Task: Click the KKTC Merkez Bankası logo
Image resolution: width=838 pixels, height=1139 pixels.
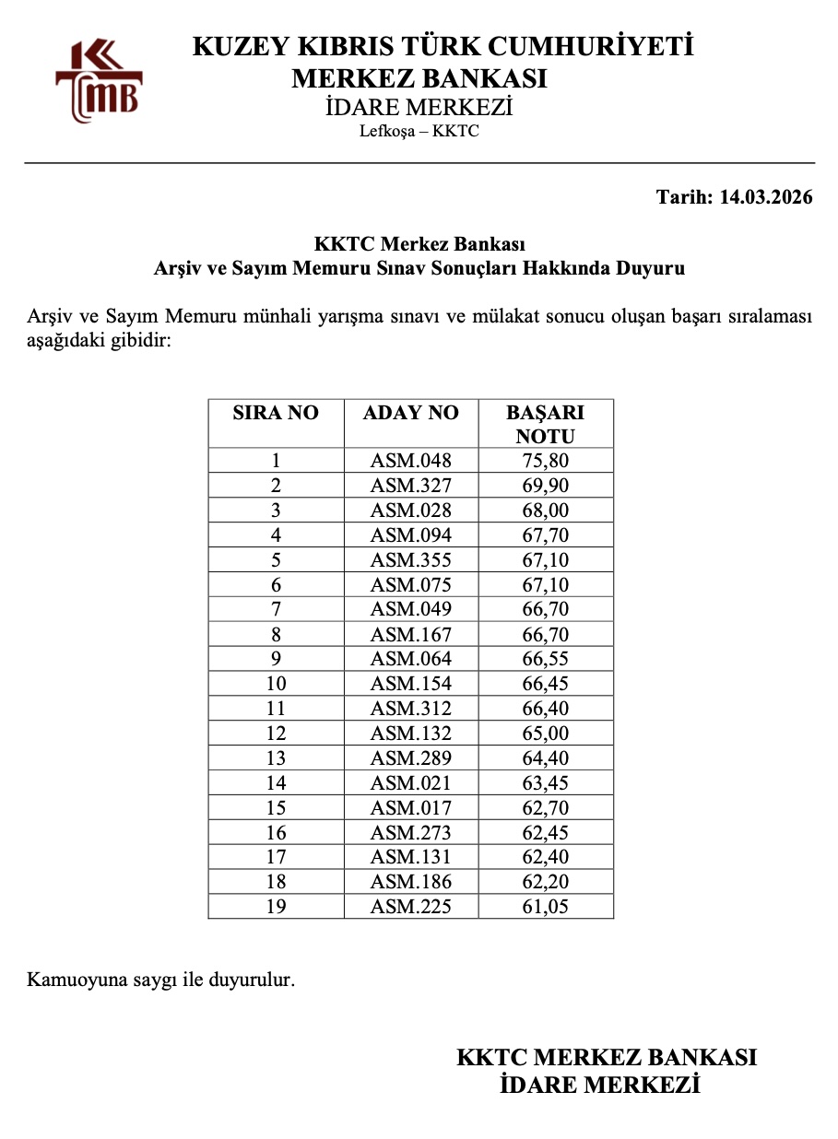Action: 99,80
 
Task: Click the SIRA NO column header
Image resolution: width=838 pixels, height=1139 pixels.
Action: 276,413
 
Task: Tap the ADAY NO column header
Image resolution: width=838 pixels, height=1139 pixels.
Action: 411,413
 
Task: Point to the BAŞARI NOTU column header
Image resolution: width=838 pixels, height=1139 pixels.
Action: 546,424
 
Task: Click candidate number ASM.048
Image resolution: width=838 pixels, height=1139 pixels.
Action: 411,461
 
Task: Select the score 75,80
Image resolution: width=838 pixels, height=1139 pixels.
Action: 546,461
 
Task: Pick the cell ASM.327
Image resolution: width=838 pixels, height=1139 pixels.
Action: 411,486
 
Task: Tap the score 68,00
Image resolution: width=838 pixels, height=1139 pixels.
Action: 546,511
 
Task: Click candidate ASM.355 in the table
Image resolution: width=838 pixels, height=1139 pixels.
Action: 411,560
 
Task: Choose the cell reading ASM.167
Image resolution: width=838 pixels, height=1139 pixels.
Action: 411,635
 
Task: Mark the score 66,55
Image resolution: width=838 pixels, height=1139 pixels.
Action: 546,659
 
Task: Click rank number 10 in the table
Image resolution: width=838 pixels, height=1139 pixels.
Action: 276,684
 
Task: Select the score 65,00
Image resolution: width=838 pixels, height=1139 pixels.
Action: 546,734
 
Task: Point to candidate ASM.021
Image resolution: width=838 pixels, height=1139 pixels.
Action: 411,783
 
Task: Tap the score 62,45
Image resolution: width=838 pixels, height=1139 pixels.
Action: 546,833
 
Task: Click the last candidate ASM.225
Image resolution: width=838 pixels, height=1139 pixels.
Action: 411,907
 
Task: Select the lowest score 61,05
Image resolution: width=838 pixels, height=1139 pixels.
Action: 546,907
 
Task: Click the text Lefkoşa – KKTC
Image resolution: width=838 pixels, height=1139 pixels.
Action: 419,131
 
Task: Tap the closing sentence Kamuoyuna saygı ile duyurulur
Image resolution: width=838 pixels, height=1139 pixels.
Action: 161,979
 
